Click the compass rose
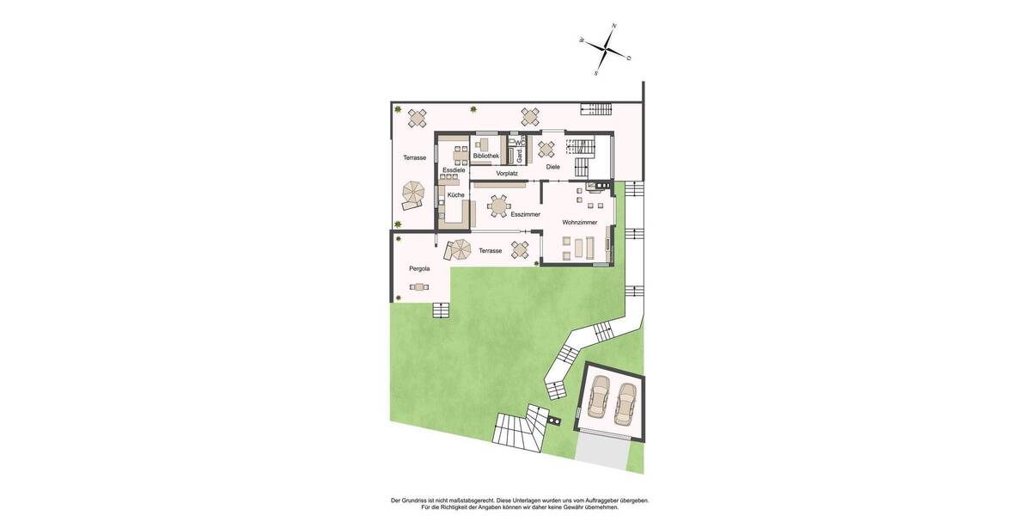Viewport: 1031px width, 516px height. pyautogui.click(x=606, y=50)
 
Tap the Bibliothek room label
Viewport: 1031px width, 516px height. pyautogui.click(x=485, y=156)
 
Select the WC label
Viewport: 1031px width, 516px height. pyautogui.click(x=520, y=143)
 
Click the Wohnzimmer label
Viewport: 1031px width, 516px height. pyautogui.click(x=580, y=222)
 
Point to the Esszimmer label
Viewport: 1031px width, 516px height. pyautogui.click(x=525, y=213)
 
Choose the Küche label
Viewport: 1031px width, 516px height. pyautogui.click(x=455, y=194)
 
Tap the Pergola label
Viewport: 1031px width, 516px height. pyautogui.click(x=419, y=268)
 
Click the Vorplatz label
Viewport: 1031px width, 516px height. pyautogui.click(x=507, y=173)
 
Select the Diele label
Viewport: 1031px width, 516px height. pyautogui.click(x=552, y=166)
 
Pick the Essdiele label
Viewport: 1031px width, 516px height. pyautogui.click(x=454, y=170)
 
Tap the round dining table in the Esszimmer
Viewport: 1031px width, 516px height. pyautogui.click(x=499, y=206)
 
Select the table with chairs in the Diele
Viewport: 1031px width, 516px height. pyautogui.click(x=546, y=149)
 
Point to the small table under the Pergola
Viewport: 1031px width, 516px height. pyautogui.click(x=418, y=286)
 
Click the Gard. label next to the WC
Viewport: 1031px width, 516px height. pyautogui.click(x=519, y=156)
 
